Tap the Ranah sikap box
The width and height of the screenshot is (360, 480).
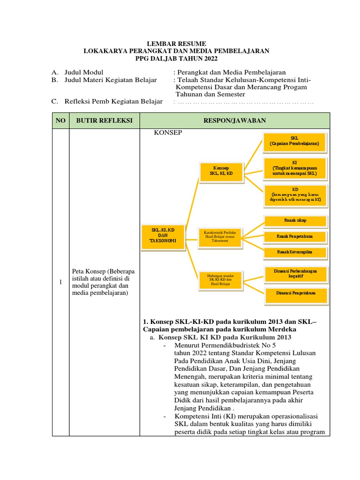[x=295, y=220]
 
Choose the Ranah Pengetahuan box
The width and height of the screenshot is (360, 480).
[x=295, y=237]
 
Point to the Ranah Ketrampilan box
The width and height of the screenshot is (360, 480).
[x=295, y=253]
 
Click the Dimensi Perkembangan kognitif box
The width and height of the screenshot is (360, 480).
[x=295, y=274]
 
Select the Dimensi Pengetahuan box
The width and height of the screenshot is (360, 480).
[x=295, y=293]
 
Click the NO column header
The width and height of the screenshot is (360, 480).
[x=60, y=120]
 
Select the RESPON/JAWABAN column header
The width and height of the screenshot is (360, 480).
[x=234, y=120]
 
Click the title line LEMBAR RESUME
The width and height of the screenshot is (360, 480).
[x=176, y=43]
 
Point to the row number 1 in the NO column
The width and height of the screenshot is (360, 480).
[x=60, y=282]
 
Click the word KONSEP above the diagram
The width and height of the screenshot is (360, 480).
[x=168, y=133]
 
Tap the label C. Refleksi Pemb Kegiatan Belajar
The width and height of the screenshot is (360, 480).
[x=107, y=101]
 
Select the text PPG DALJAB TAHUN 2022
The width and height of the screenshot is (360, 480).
[x=176, y=58]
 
